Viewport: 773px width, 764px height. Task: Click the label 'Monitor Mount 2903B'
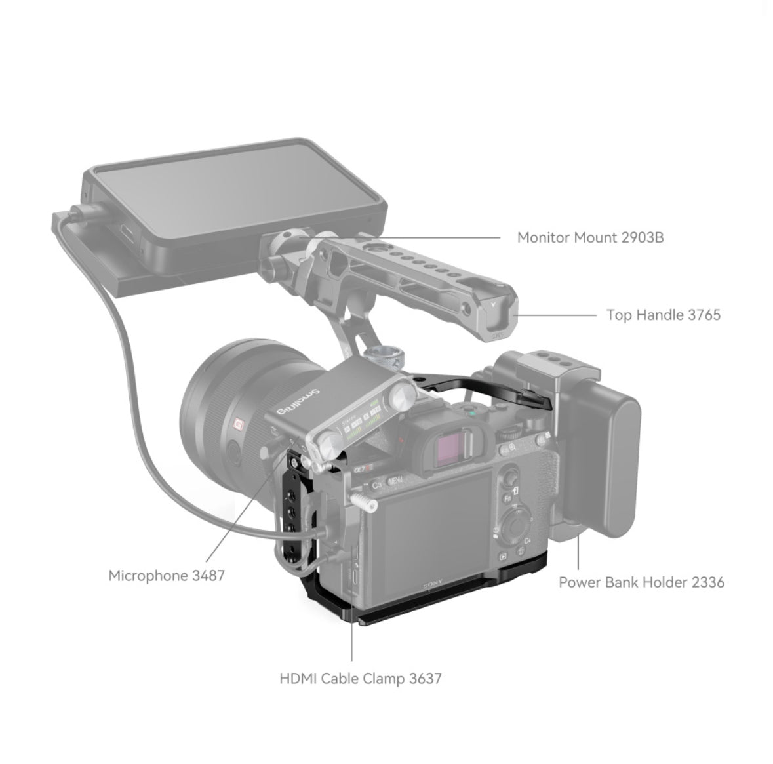click(590, 237)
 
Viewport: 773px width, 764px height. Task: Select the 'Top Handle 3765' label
click(663, 315)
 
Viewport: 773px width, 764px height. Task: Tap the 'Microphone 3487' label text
click(167, 576)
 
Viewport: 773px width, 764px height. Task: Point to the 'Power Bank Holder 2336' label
click(641, 582)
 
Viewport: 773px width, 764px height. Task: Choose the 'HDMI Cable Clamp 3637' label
click(361, 678)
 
